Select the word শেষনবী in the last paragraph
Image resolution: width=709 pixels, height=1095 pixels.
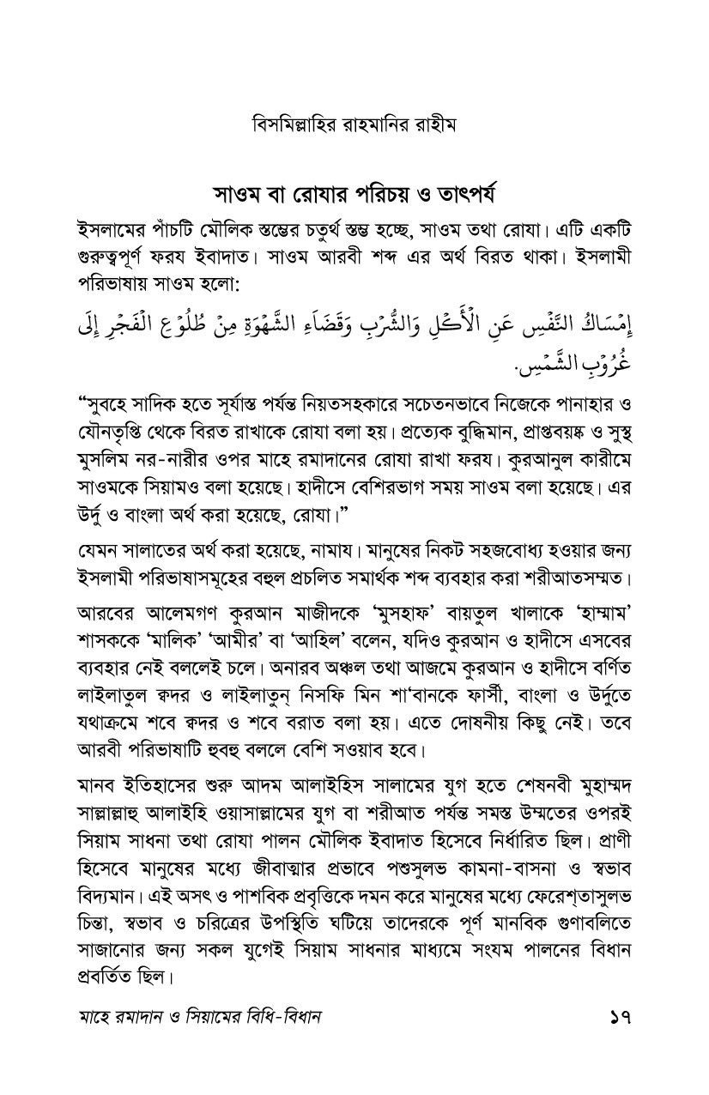(526, 784)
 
